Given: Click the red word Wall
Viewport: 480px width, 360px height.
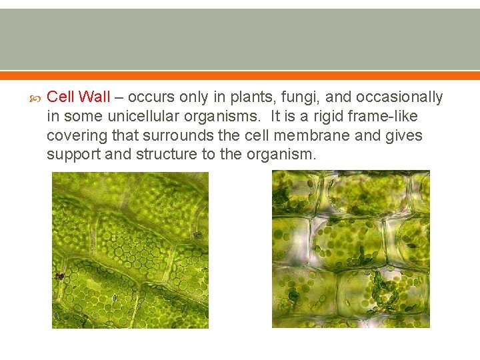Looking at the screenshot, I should (x=94, y=97).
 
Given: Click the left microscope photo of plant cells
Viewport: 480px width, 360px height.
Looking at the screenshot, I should (x=130, y=250).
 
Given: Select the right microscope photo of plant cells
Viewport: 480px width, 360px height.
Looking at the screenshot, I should (x=351, y=249).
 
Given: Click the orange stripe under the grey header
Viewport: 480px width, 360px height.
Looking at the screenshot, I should (x=240, y=75).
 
